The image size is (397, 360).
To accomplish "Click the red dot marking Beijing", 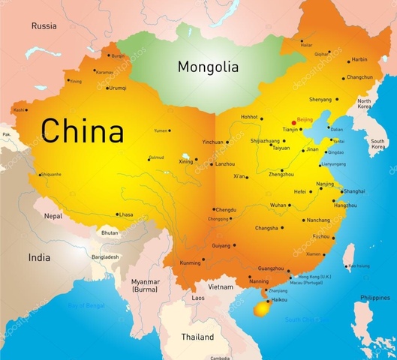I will click(x=293, y=122).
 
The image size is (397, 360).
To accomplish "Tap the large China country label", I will click(x=83, y=131).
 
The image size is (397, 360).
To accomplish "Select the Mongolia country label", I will click(x=208, y=67).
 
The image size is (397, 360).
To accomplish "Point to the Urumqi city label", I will click(x=118, y=88).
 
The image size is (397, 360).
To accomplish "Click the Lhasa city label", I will click(x=126, y=215).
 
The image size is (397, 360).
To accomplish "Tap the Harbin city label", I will click(x=359, y=59).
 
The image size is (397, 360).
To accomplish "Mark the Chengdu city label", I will click(x=225, y=210).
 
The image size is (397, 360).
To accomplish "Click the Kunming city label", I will click(x=191, y=263).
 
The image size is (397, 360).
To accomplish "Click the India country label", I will click(x=39, y=257).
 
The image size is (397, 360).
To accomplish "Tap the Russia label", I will click(x=44, y=25).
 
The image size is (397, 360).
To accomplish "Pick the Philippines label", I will click(x=374, y=298).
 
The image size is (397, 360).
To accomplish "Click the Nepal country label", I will click(x=53, y=216).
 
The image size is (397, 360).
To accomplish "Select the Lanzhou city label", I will click(x=225, y=163).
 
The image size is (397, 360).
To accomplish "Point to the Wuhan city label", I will click(x=278, y=205).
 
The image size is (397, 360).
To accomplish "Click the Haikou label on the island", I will click(x=278, y=300).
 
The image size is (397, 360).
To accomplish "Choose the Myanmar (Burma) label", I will click(x=145, y=285).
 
